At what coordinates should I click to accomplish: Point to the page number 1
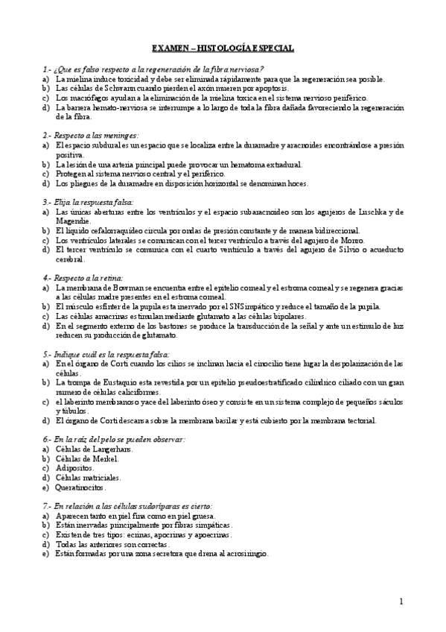coord(401,601)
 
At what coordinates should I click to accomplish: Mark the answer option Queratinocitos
coord(80,487)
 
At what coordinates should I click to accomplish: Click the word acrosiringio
coord(245,554)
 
